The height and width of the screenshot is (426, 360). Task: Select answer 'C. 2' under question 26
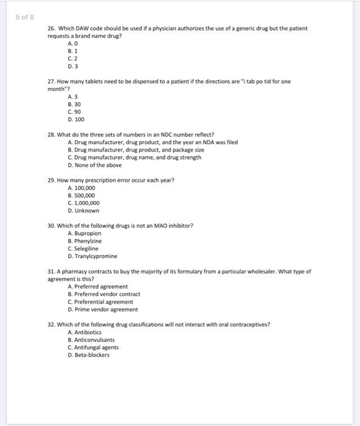tap(73, 59)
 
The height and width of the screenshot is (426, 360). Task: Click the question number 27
tap(51, 81)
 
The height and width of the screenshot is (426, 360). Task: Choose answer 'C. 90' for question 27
tap(75, 112)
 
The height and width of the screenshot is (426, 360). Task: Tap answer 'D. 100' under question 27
tap(76, 119)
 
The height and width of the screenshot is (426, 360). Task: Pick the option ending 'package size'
tap(136, 150)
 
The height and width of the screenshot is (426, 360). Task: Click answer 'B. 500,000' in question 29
tap(81, 195)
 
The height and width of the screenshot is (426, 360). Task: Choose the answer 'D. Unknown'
tap(83, 211)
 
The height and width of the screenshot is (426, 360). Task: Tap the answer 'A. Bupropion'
tap(85, 233)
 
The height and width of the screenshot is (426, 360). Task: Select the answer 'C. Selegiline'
tap(85, 248)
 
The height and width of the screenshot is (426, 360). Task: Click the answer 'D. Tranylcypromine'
tap(92, 256)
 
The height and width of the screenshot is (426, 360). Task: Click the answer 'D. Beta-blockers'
tap(89, 355)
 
